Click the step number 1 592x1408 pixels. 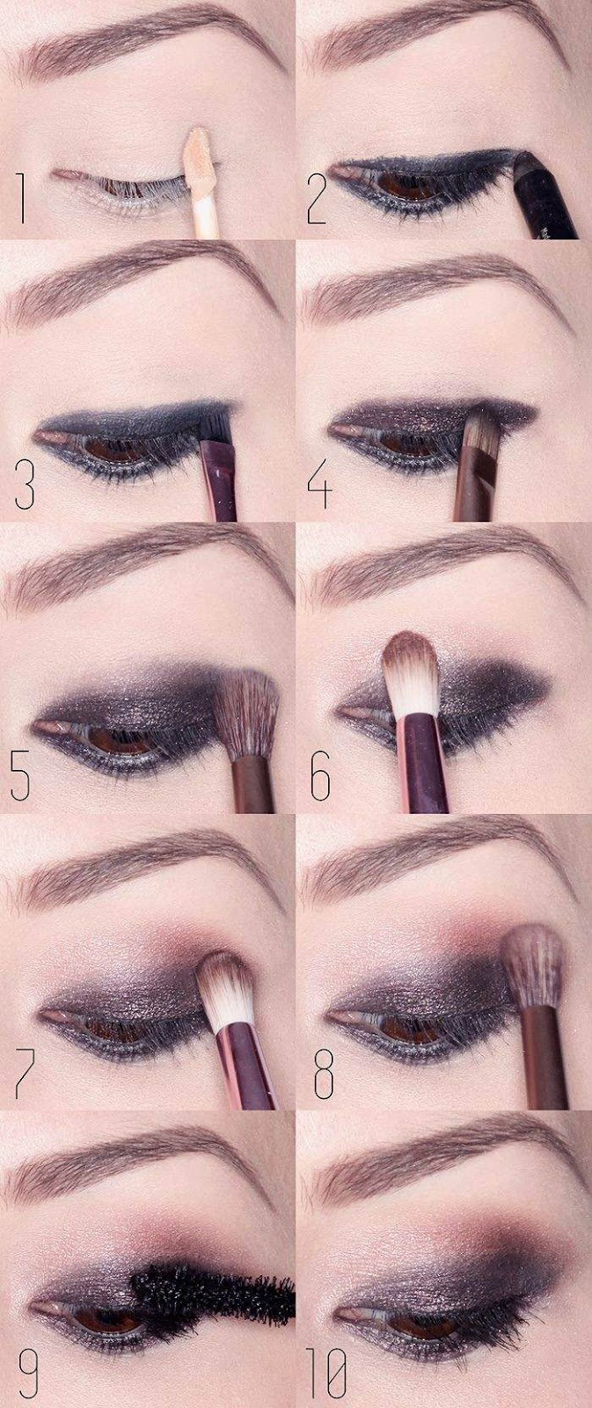tap(23, 199)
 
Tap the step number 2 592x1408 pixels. tap(316, 199)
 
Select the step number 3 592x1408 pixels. tap(25, 483)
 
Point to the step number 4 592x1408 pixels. tap(318, 483)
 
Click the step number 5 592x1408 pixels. tap(20, 775)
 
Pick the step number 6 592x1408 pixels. tap(320, 775)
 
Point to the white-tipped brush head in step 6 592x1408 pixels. tap(409, 673)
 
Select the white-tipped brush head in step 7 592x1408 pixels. tap(225, 994)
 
